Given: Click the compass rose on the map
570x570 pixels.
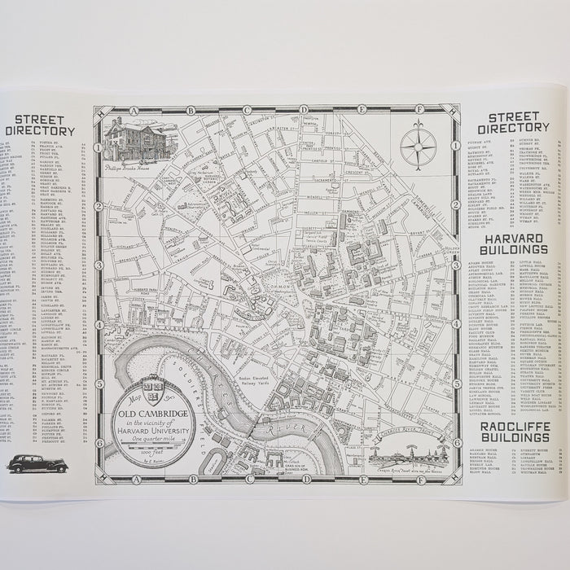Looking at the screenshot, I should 418,147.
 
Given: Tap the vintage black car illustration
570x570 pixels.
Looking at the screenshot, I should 37,463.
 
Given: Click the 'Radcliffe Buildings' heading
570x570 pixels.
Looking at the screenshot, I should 514,432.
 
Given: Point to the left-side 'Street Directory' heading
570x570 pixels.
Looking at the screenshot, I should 40,125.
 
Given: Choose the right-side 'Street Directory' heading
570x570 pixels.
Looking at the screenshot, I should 513,122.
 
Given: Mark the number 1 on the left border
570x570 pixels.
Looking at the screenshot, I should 98,147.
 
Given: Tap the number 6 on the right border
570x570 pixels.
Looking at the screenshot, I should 457,443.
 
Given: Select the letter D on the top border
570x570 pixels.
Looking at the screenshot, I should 303,108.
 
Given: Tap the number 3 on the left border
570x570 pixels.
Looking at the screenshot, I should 98,265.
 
